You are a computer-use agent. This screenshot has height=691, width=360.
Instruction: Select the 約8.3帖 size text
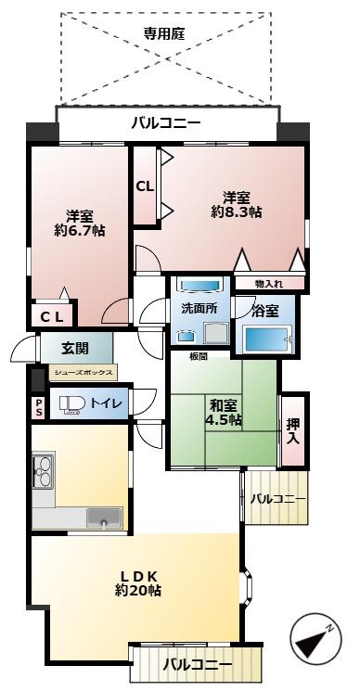236,212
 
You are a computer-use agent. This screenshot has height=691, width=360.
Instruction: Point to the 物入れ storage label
270,283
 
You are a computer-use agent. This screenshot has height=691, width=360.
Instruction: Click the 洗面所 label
198,308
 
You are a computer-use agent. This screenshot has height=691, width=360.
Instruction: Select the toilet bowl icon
72,404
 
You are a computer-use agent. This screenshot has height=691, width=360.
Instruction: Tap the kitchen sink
104,518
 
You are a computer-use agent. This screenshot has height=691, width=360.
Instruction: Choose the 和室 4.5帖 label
224,412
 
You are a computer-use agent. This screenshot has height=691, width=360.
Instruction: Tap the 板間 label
198,356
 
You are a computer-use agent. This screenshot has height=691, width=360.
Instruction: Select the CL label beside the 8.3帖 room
145,186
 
